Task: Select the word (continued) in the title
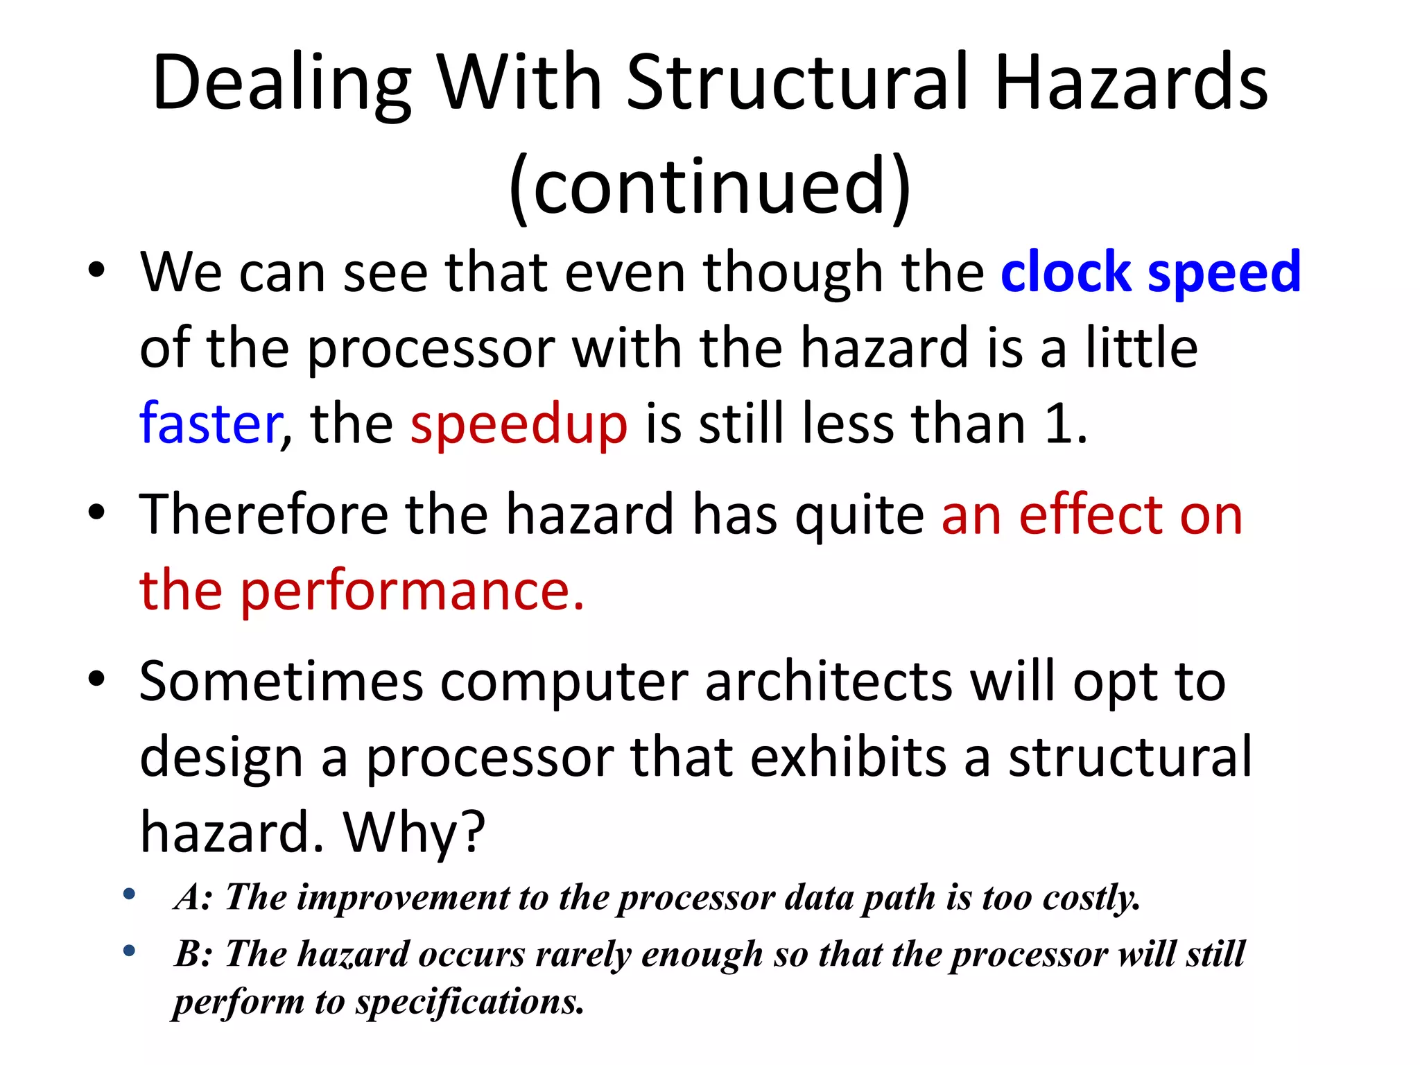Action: point(709,186)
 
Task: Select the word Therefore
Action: point(263,514)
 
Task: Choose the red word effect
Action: point(1091,514)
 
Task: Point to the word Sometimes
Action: point(281,681)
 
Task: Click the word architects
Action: point(829,681)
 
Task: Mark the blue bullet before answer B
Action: point(129,951)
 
